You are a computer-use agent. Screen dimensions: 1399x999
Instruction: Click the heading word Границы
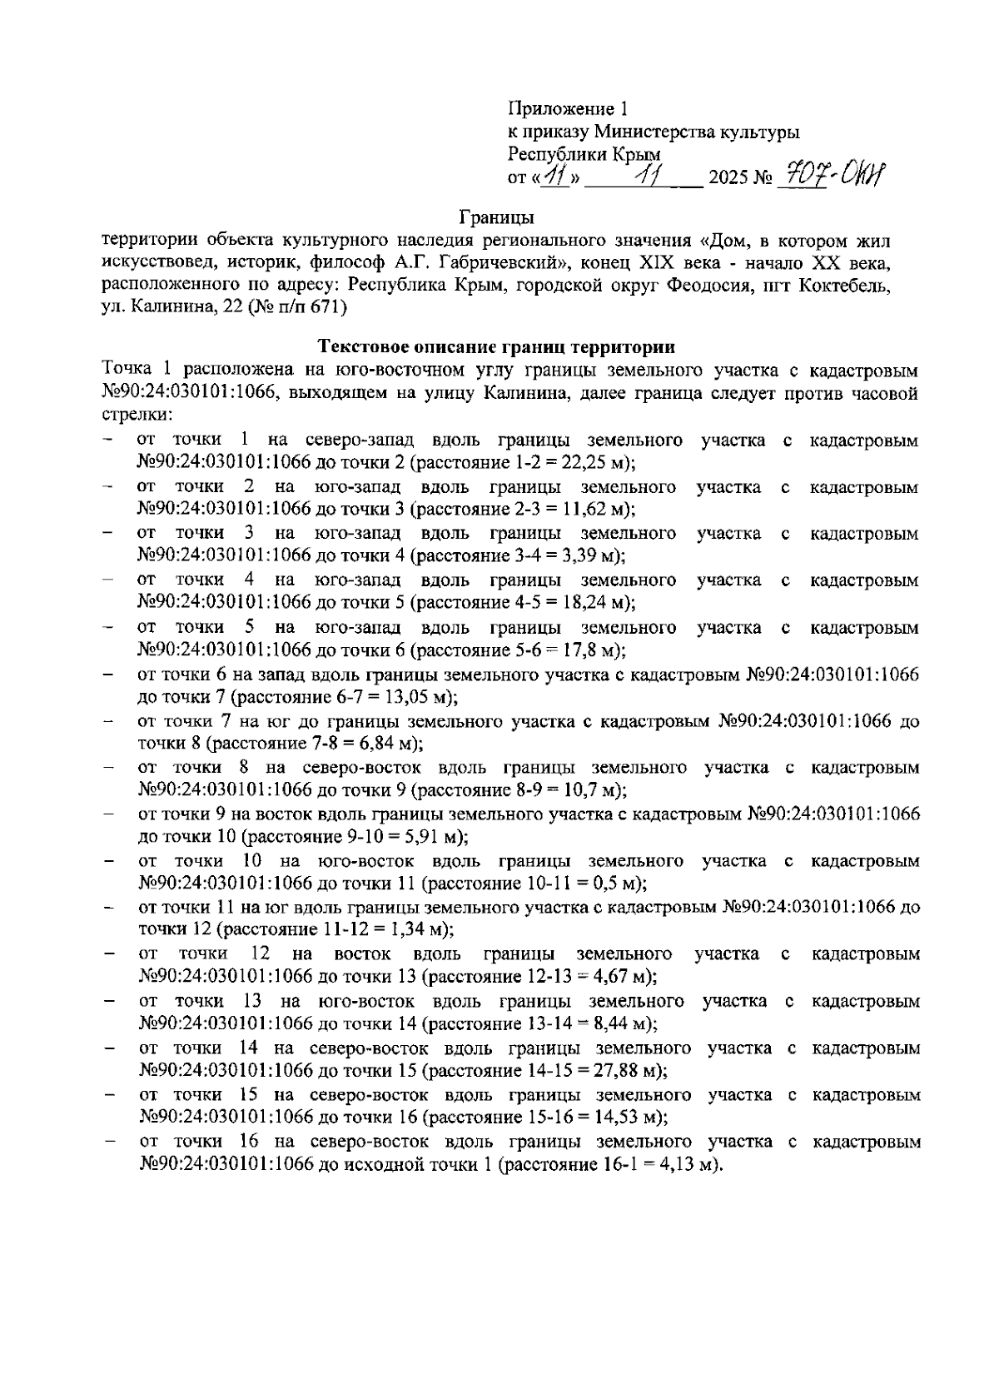coord(497,218)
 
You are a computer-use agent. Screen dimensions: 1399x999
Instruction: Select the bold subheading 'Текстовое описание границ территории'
coord(498,346)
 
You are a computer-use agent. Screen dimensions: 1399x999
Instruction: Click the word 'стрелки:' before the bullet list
coord(137,415)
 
